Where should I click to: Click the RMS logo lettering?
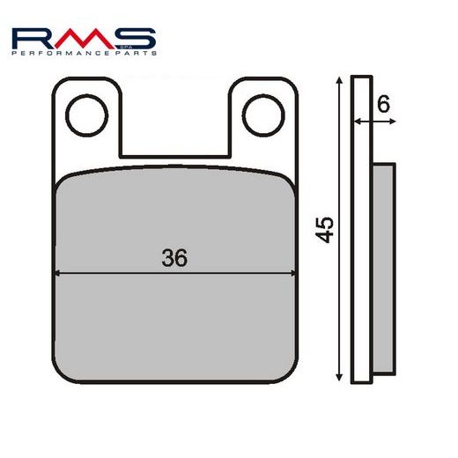tap(85, 39)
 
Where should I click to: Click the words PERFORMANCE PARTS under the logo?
tap(85, 55)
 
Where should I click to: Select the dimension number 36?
tap(174, 258)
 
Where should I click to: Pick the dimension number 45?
tap(325, 232)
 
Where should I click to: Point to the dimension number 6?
tap(381, 102)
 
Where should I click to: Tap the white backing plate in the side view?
tap(358, 264)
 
